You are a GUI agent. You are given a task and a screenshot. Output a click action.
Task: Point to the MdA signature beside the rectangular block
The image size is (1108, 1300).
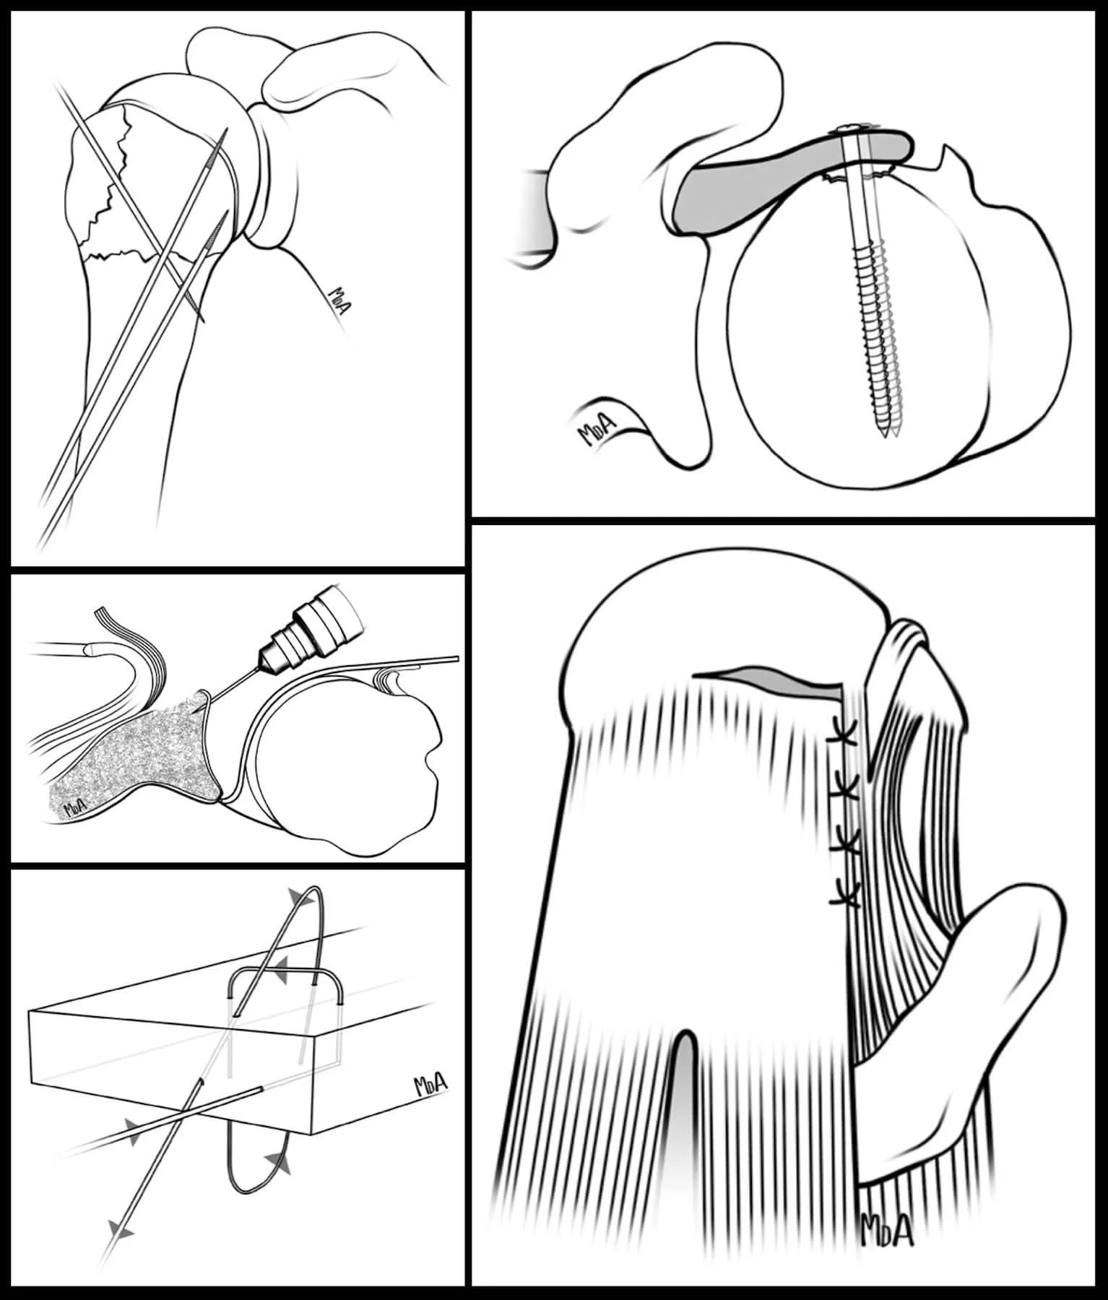click(430, 1085)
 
